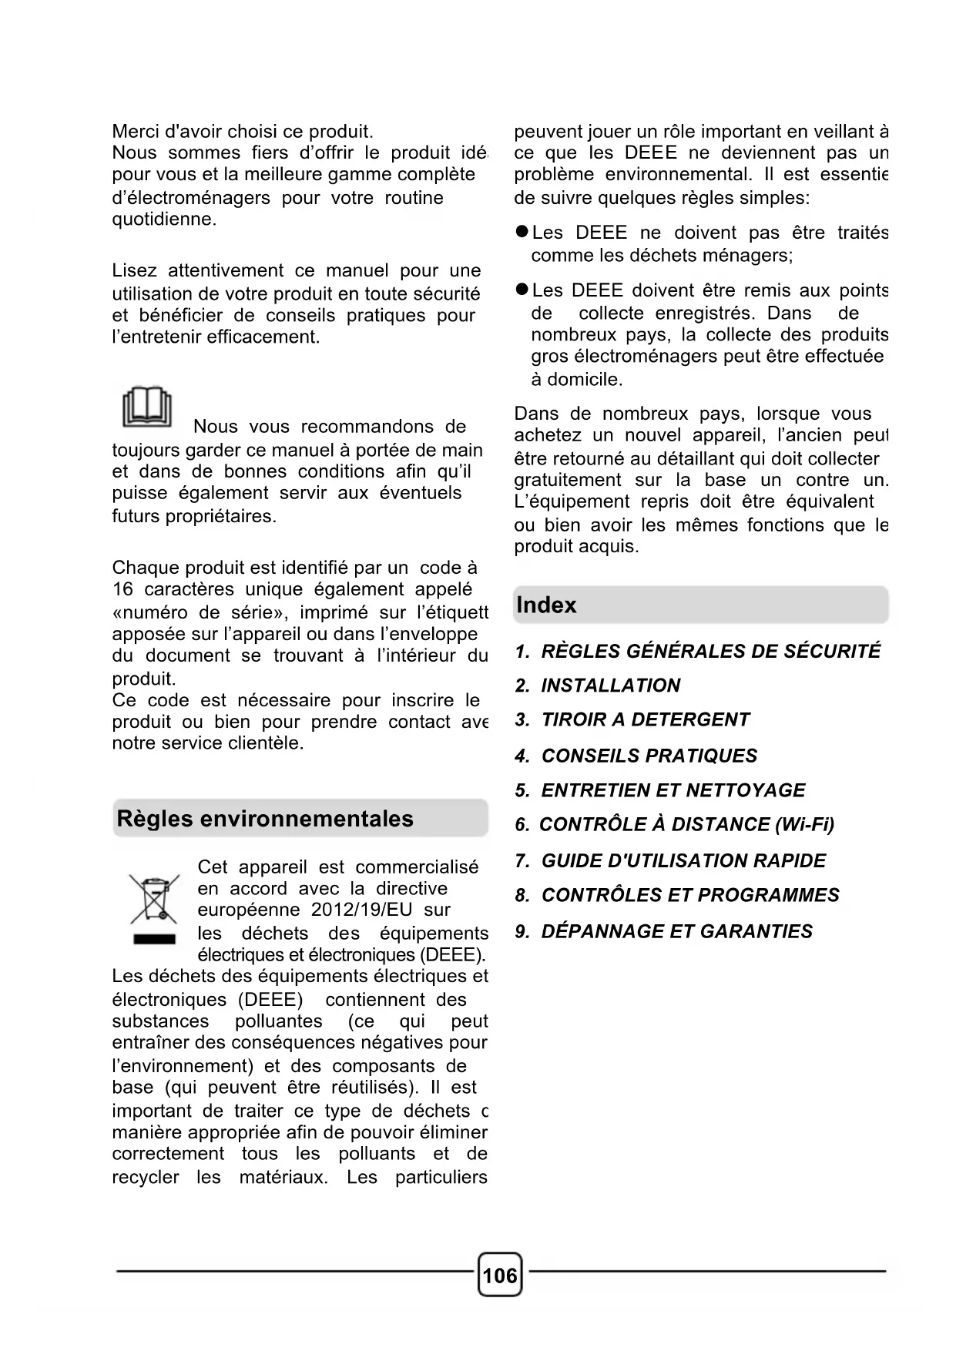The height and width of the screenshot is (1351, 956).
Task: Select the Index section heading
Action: coord(546,605)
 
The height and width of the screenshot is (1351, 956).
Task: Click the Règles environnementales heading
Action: coord(265,819)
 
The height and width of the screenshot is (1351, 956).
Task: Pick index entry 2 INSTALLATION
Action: coord(598,686)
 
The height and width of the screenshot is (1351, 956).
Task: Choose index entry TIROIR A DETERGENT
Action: coord(632,719)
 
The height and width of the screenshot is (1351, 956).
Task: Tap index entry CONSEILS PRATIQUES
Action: coord(636,756)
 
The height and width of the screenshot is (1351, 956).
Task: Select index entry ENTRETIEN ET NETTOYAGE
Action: coord(660,790)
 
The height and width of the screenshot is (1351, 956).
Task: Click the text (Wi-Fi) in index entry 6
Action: coord(805,825)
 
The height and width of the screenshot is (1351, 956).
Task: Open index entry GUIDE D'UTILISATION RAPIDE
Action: coord(670,860)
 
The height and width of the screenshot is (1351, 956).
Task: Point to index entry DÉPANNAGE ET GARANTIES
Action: coord(664,931)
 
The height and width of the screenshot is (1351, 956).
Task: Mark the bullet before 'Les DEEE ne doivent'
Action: coord(522,232)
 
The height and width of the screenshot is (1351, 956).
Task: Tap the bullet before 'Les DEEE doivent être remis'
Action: coord(522,290)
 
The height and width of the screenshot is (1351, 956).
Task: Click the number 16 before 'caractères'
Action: coord(122,589)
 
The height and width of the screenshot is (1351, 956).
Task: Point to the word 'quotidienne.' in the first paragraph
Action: coord(164,220)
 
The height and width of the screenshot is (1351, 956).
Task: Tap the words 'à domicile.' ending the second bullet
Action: coord(576,380)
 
